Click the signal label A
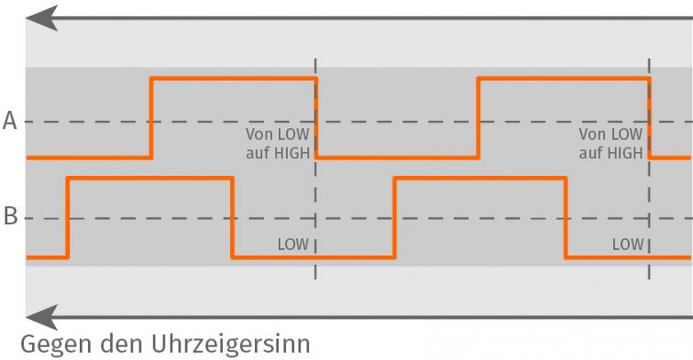click(10, 121)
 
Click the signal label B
click(10, 218)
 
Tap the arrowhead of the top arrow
click(42, 17)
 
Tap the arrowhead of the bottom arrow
click(42, 318)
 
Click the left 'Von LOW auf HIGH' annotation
click(277, 143)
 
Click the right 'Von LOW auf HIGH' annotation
click(610, 143)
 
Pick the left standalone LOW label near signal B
click(292, 245)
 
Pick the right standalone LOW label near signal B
click(627, 245)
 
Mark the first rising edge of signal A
click(151, 119)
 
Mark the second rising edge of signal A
click(478, 119)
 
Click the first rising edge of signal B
click(68, 218)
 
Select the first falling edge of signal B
click(233, 218)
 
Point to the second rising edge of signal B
click(394, 218)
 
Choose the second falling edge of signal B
click(565, 218)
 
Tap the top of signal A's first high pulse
click(234, 80)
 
